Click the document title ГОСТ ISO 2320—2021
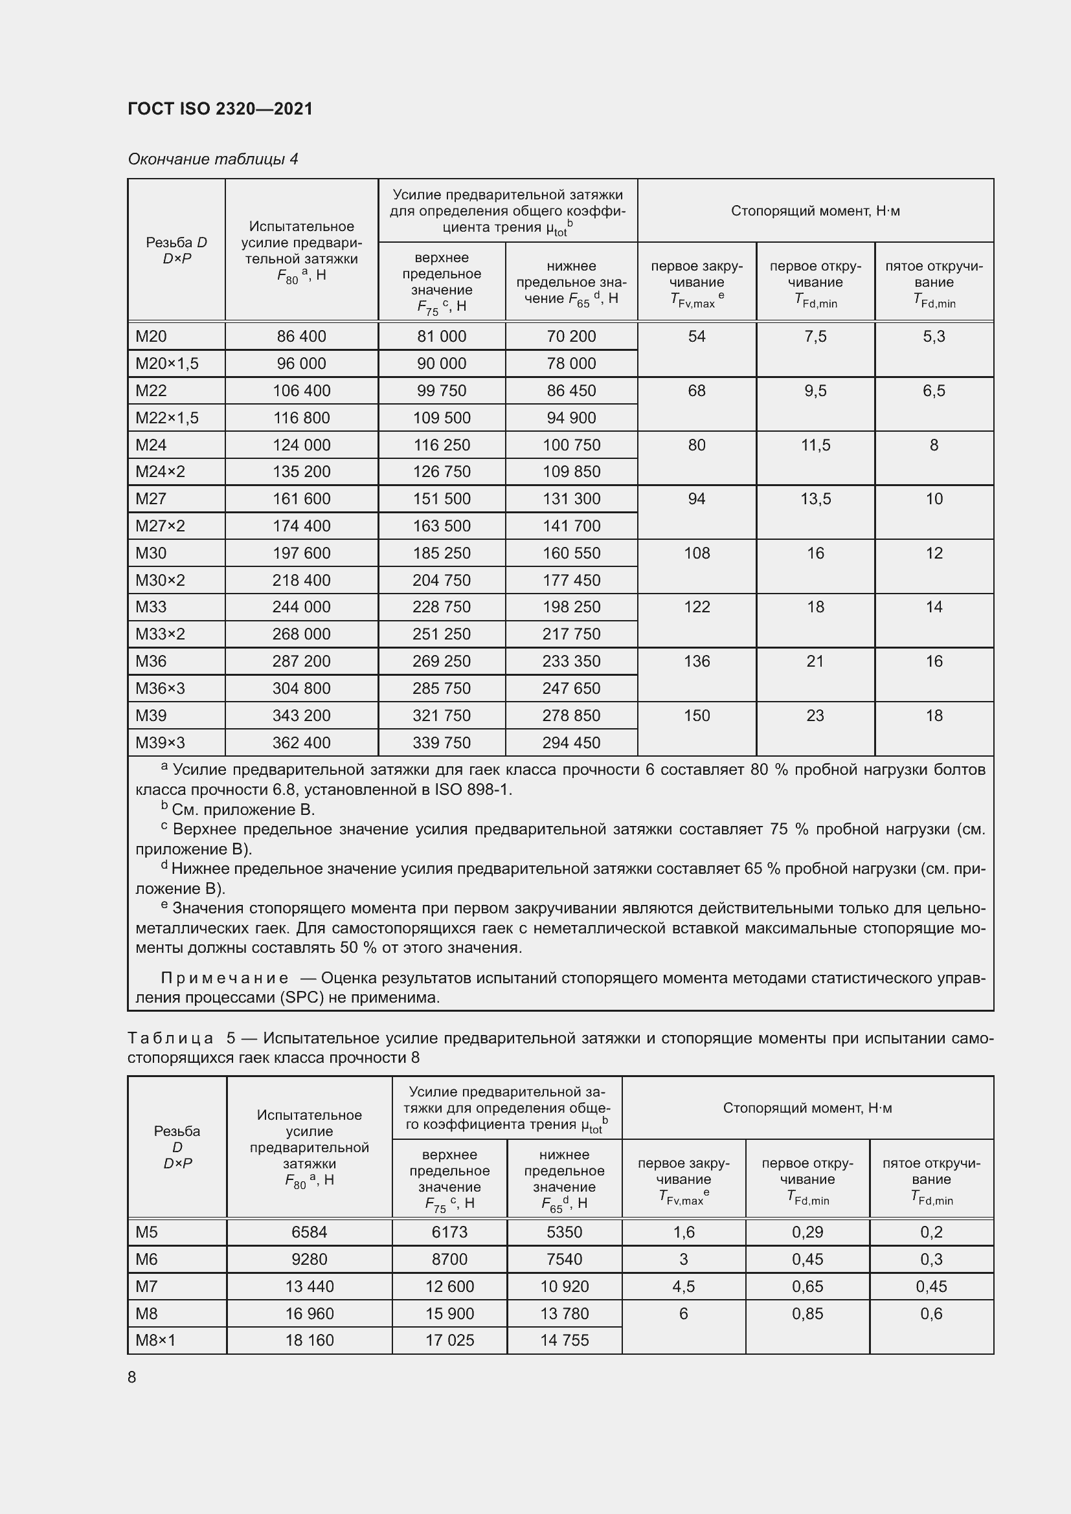[x=220, y=109]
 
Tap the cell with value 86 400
[x=301, y=337]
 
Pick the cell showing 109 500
[x=442, y=417]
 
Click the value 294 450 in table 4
[x=571, y=742]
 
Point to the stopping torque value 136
[x=697, y=661]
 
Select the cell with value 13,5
[x=815, y=498]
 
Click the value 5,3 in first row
[x=934, y=337]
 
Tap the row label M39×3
[x=160, y=742]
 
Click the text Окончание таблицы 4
[x=213, y=159]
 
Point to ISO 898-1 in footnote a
[x=472, y=789]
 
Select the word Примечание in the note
[x=224, y=978]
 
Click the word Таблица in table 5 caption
[x=170, y=1038]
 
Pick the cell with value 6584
[x=310, y=1232]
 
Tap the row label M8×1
[x=155, y=1340]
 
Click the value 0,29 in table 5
[x=807, y=1232]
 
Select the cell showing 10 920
[x=565, y=1286]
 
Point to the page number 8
[x=132, y=1377]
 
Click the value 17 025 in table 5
[x=450, y=1340]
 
